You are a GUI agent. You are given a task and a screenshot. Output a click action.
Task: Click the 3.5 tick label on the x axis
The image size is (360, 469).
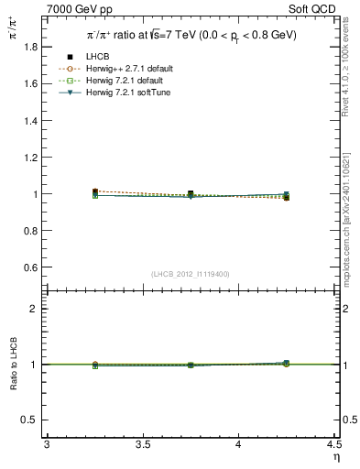pyautogui.click(x=142, y=445)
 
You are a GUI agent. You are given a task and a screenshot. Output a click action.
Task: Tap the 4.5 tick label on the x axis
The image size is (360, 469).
pyautogui.click(x=333, y=445)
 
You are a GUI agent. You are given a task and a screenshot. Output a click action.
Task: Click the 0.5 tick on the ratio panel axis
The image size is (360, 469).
pyautogui.click(x=34, y=420)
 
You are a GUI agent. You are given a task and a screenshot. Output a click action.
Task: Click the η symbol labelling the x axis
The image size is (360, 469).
pyautogui.click(x=335, y=457)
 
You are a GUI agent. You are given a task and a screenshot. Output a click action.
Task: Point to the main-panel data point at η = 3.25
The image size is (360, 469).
pyautogui.click(x=95, y=192)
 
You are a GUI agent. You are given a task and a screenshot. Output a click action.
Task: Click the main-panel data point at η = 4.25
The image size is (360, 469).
pyautogui.click(x=286, y=197)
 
